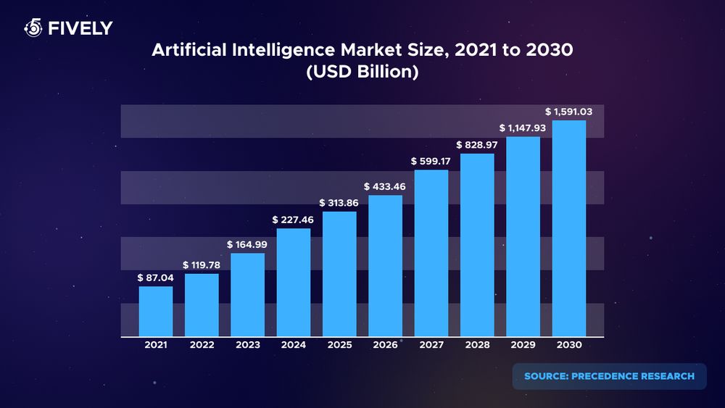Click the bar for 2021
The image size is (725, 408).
point(156,312)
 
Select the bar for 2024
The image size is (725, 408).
point(294,283)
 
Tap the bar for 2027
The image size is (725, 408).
point(431,254)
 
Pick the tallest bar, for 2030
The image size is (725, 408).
point(569,228)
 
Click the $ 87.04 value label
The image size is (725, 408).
point(155,278)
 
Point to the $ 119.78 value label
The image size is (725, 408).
point(202,265)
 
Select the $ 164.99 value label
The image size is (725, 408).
point(247,245)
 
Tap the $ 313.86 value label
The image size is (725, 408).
point(339,202)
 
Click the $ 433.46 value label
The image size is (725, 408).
point(385,186)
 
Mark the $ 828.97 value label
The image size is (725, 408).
point(477,144)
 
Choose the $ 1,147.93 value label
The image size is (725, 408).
point(523,128)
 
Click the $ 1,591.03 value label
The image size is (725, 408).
point(569,112)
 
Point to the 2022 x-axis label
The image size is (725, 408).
point(202,346)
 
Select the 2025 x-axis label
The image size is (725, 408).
point(339,346)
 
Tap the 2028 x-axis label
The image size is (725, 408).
point(477,346)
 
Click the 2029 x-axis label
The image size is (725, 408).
point(523,346)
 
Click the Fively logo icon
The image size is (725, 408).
point(33,28)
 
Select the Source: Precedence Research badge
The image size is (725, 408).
point(609,376)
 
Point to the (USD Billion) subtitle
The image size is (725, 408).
point(362,73)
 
